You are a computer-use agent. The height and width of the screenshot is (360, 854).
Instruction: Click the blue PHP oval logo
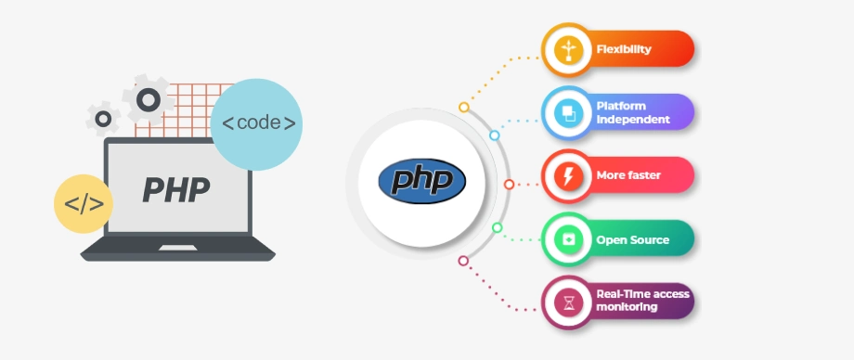click(x=422, y=178)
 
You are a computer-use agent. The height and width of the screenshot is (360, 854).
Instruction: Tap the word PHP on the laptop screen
click(x=176, y=188)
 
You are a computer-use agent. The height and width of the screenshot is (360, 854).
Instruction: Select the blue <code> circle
click(x=257, y=123)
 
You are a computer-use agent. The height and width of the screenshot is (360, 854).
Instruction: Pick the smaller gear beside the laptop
click(x=103, y=118)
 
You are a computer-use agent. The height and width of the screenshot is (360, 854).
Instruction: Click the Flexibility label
click(x=623, y=48)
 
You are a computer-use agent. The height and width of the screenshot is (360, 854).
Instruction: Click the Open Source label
click(x=632, y=239)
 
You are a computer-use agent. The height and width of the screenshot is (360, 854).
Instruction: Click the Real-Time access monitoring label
click(x=642, y=300)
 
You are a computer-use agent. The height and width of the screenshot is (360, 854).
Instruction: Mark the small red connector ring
click(x=509, y=184)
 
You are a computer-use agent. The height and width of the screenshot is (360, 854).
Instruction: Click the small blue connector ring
click(x=494, y=135)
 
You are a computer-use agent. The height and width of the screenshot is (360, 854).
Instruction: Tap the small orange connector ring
click(x=464, y=107)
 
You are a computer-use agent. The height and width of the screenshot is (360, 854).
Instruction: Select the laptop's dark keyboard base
click(x=177, y=249)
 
